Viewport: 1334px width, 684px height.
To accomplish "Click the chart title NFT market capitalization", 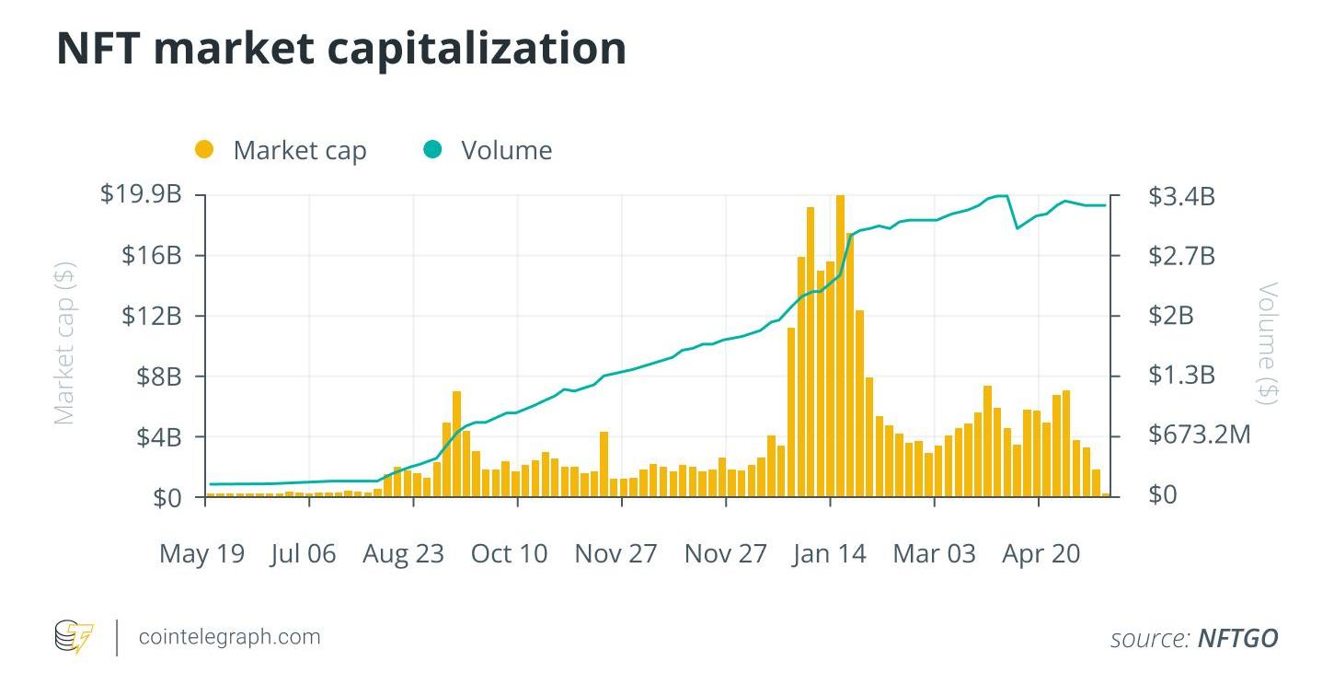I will coord(341,49).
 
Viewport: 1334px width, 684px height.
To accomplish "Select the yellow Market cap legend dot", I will coord(204,149).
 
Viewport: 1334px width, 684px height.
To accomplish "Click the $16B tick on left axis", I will coord(151,255).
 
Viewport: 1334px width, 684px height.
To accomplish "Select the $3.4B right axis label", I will coord(1181,196).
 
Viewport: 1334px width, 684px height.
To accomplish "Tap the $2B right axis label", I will coord(1170,316).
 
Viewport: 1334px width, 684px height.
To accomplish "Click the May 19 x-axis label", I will coord(201,553).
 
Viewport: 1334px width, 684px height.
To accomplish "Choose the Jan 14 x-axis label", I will coord(829,553).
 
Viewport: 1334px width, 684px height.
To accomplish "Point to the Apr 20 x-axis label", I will coord(1041,553).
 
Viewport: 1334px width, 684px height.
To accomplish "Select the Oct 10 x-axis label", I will coord(509,553).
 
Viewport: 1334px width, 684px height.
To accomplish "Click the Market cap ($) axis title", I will coord(63,343).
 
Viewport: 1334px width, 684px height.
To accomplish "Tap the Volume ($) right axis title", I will coord(1269,343).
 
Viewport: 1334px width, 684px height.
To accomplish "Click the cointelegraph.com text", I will coord(229,636).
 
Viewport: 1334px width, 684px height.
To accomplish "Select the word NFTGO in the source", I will coord(1237,638).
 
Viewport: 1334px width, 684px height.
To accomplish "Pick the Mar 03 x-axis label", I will coord(934,553).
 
